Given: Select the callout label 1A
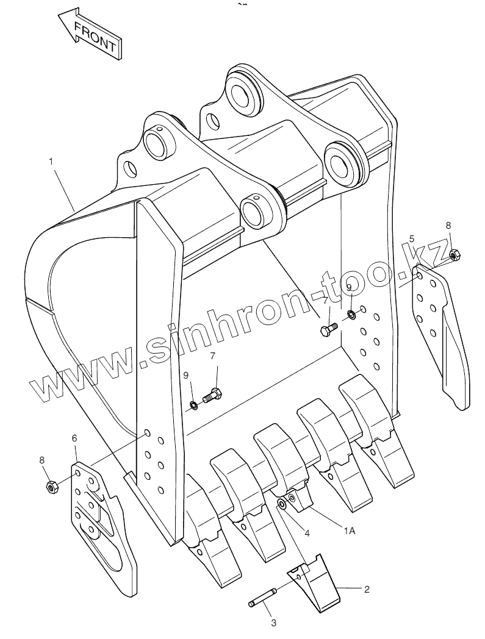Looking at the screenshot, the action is click(x=349, y=531).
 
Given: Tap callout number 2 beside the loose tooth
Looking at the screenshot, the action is click(x=367, y=589).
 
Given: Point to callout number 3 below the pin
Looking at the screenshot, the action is click(x=273, y=623).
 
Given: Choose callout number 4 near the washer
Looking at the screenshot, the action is click(x=307, y=533).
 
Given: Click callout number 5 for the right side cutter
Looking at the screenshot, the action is click(x=412, y=238).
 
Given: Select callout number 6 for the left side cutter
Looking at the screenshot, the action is click(x=74, y=438).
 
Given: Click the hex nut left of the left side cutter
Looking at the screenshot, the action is click(x=52, y=486).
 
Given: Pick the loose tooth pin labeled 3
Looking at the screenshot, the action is click(x=263, y=598).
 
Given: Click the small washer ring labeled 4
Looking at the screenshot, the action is click(x=282, y=504).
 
